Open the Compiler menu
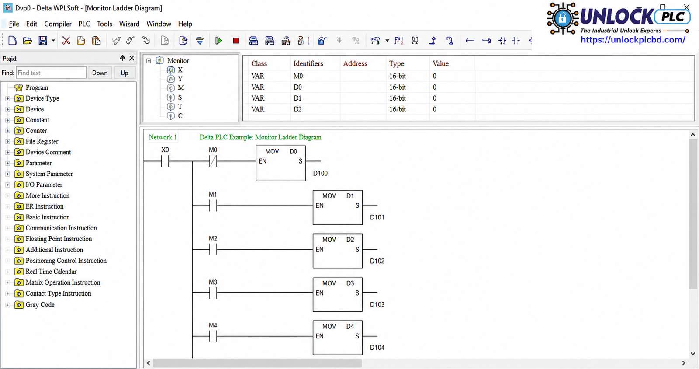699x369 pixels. pyautogui.click(x=58, y=24)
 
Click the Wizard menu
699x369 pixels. pyautogui.click(x=129, y=24)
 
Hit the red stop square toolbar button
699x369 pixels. pyautogui.click(x=236, y=41)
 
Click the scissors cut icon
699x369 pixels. pyautogui.click(x=66, y=41)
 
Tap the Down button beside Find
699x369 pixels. pyautogui.click(x=100, y=73)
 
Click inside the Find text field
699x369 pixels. pyautogui.click(x=51, y=73)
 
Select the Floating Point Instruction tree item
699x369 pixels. pyautogui.click(x=59, y=239)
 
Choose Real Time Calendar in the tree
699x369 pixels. pyautogui.click(x=51, y=272)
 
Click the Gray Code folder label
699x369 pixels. pyautogui.click(x=40, y=305)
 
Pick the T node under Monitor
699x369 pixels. pyautogui.click(x=180, y=106)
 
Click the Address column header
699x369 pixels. pyautogui.click(x=355, y=64)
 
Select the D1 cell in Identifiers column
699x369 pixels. pyautogui.click(x=298, y=98)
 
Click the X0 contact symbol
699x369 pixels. pyautogui.click(x=165, y=161)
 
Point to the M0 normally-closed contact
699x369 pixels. pyautogui.click(x=213, y=161)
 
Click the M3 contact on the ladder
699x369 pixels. pyautogui.click(x=213, y=293)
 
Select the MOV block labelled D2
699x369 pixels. pyautogui.click(x=338, y=251)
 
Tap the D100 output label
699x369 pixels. pyautogui.click(x=321, y=174)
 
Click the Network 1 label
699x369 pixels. pyautogui.click(x=163, y=137)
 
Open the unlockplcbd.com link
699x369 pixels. pyautogui.click(x=633, y=40)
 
